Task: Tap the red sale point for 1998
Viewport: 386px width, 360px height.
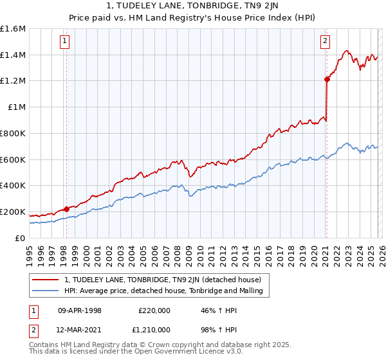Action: pos(66,209)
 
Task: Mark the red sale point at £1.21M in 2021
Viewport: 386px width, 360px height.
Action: pos(327,80)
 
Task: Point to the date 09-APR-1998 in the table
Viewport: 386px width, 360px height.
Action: pos(80,310)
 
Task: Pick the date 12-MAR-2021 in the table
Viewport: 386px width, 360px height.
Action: pos(80,330)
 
